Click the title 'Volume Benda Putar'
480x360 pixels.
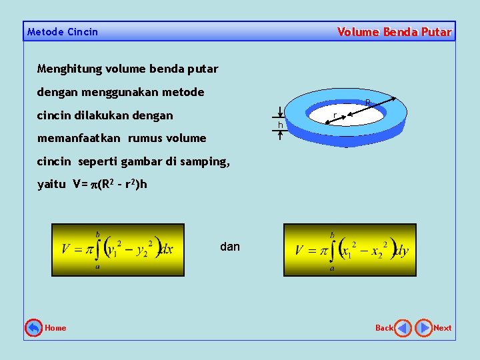tap(394, 32)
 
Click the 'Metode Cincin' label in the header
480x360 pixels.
tap(63, 32)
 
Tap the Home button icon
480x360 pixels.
tap(33, 327)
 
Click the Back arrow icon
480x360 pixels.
tap(403, 328)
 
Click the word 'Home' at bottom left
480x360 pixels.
tap(55, 328)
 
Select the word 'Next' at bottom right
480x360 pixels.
tap(443, 328)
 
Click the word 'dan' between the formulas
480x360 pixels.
tap(229, 247)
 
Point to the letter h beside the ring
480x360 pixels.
tap(281, 125)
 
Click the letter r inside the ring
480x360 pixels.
tap(334, 117)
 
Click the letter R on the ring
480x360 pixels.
tap(367, 102)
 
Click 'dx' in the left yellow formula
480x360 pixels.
tap(167, 249)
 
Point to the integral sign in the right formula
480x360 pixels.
tap(332, 251)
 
